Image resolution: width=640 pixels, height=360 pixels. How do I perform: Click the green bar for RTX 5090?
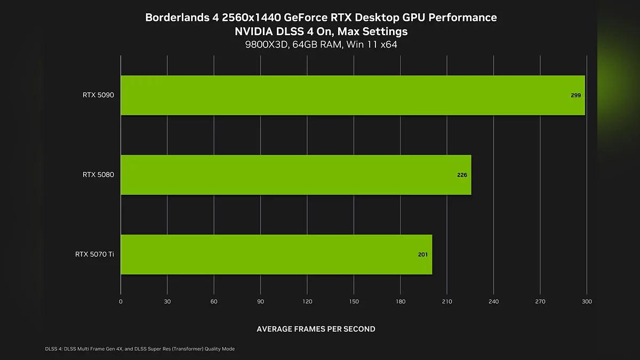[352, 95]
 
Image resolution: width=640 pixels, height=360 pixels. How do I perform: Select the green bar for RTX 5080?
[296, 175]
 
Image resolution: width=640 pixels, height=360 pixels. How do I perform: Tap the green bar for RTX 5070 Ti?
[276, 254]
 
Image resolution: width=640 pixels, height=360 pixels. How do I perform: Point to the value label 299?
[575, 95]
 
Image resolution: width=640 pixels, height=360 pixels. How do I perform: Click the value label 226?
[462, 175]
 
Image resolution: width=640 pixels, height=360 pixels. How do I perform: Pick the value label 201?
[423, 254]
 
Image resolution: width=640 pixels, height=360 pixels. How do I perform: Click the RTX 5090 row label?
[98, 95]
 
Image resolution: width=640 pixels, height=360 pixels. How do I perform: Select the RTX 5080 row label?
[98, 175]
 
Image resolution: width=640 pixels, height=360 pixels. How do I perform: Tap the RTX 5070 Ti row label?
[94, 254]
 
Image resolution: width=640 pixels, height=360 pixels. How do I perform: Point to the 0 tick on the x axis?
[121, 302]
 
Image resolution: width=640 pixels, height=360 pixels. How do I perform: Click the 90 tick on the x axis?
[260, 302]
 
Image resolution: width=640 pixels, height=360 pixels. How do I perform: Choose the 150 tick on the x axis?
[354, 302]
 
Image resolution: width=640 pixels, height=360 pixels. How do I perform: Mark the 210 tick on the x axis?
[447, 302]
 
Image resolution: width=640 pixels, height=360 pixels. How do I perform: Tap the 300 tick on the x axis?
[587, 302]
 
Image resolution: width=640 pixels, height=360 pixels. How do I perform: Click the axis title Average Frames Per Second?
[316, 329]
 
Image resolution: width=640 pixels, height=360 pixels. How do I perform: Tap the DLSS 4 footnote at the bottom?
[140, 349]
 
